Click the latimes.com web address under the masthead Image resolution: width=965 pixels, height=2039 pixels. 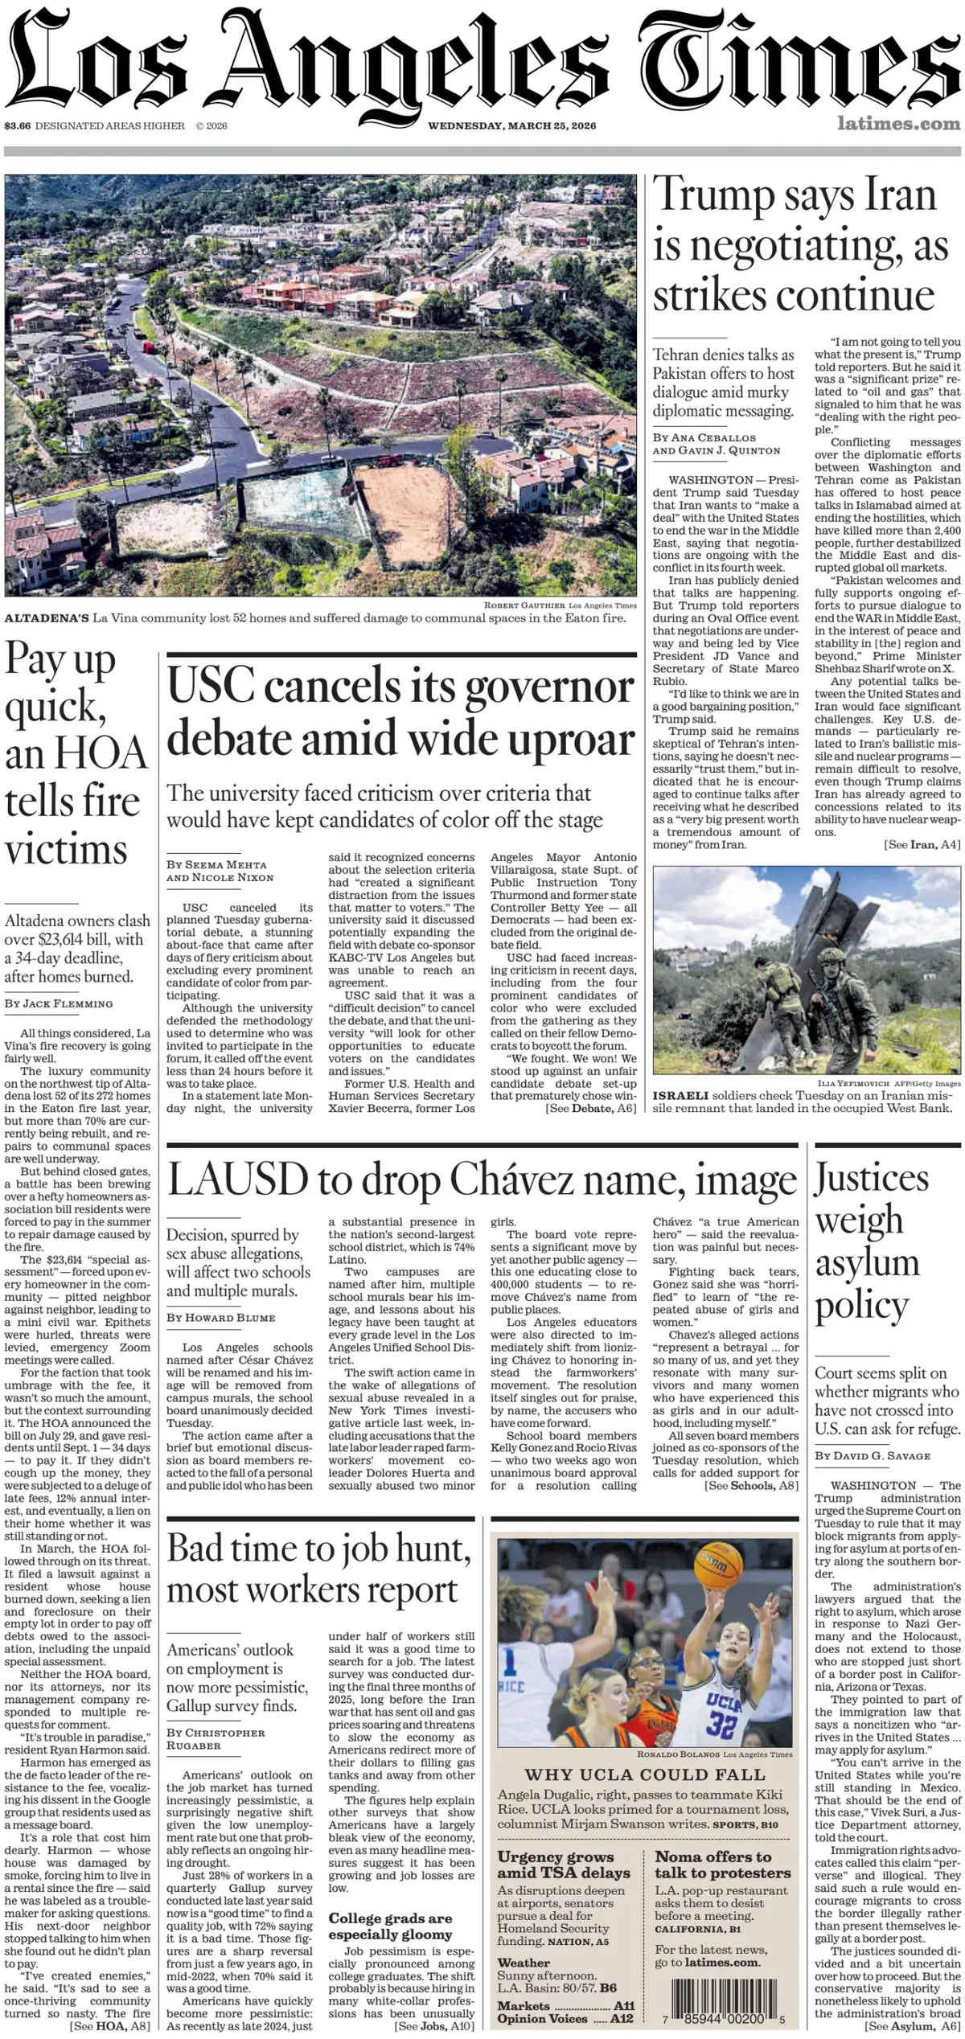pyautogui.click(x=898, y=124)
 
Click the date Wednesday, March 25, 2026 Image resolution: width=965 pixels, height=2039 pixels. pyautogui.click(x=511, y=125)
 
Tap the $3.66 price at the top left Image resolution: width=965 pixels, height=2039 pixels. pyautogui.click(x=17, y=125)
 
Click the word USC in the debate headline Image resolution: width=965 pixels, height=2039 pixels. pyautogui.click(x=210, y=687)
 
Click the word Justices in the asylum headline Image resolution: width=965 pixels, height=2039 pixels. pyautogui.click(x=872, y=1179)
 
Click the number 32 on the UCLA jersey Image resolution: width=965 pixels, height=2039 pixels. pyautogui.click(x=721, y=1724)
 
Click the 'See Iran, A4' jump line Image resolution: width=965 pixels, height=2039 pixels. pyautogui.click(x=922, y=844)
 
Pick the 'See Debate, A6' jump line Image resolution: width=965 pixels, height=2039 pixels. pyautogui.click(x=590, y=1108)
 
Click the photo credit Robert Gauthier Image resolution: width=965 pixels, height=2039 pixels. pyautogui.click(x=524, y=605)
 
